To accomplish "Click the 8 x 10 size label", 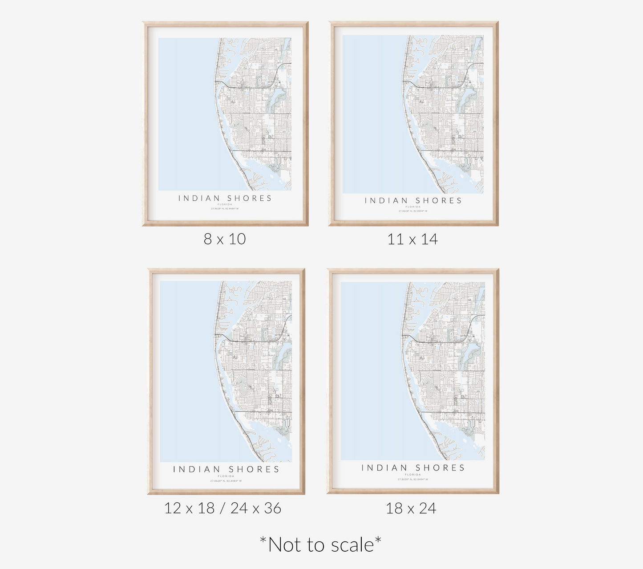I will (x=225, y=239).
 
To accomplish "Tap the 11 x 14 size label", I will (x=412, y=240).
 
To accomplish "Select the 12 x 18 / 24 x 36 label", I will (x=222, y=508).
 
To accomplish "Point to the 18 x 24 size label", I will (x=411, y=508).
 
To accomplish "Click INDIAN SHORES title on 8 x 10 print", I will (x=225, y=198).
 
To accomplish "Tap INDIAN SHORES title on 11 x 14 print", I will (x=413, y=201).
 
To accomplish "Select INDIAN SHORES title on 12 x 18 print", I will (x=226, y=469).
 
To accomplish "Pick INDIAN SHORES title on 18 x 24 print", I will (x=413, y=468).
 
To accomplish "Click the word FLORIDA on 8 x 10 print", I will (x=225, y=204).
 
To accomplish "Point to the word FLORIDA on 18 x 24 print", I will (x=413, y=475).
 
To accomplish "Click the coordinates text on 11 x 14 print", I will (x=413, y=211).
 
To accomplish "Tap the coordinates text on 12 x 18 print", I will (x=226, y=481).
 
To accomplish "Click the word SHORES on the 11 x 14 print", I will (x=439, y=201).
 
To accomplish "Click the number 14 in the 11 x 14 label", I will (x=429, y=240).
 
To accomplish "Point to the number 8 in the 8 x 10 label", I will (x=207, y=239).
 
